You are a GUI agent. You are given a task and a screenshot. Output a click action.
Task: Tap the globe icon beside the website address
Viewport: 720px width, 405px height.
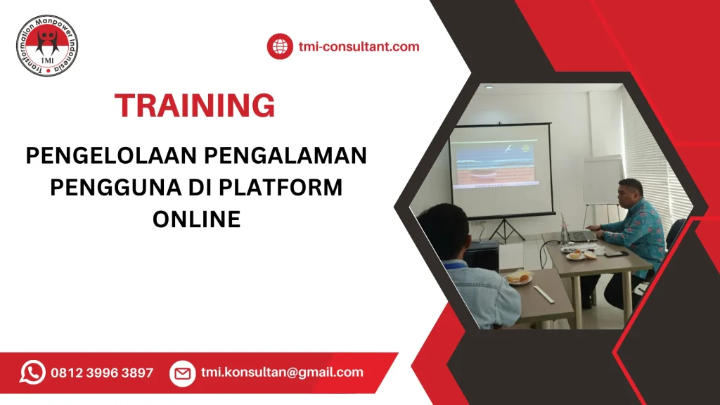279,47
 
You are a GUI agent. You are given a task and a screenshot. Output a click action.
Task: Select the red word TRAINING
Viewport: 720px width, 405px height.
195,105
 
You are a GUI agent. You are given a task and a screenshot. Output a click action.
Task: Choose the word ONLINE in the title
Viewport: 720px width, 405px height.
197,220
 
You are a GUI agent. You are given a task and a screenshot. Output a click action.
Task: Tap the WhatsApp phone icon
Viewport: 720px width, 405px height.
32,373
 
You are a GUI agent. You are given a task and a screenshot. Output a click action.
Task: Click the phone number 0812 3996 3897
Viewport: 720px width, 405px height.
102,373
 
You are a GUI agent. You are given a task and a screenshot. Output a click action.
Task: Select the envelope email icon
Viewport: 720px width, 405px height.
182,373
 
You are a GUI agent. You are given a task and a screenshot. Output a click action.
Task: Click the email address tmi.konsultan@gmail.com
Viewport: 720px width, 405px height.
282,373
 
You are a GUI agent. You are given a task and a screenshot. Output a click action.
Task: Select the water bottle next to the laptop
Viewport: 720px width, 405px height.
564,231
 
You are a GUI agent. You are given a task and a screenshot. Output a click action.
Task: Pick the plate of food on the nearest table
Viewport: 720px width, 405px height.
518,278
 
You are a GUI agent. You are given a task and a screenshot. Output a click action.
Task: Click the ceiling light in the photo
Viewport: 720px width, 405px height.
488,87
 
